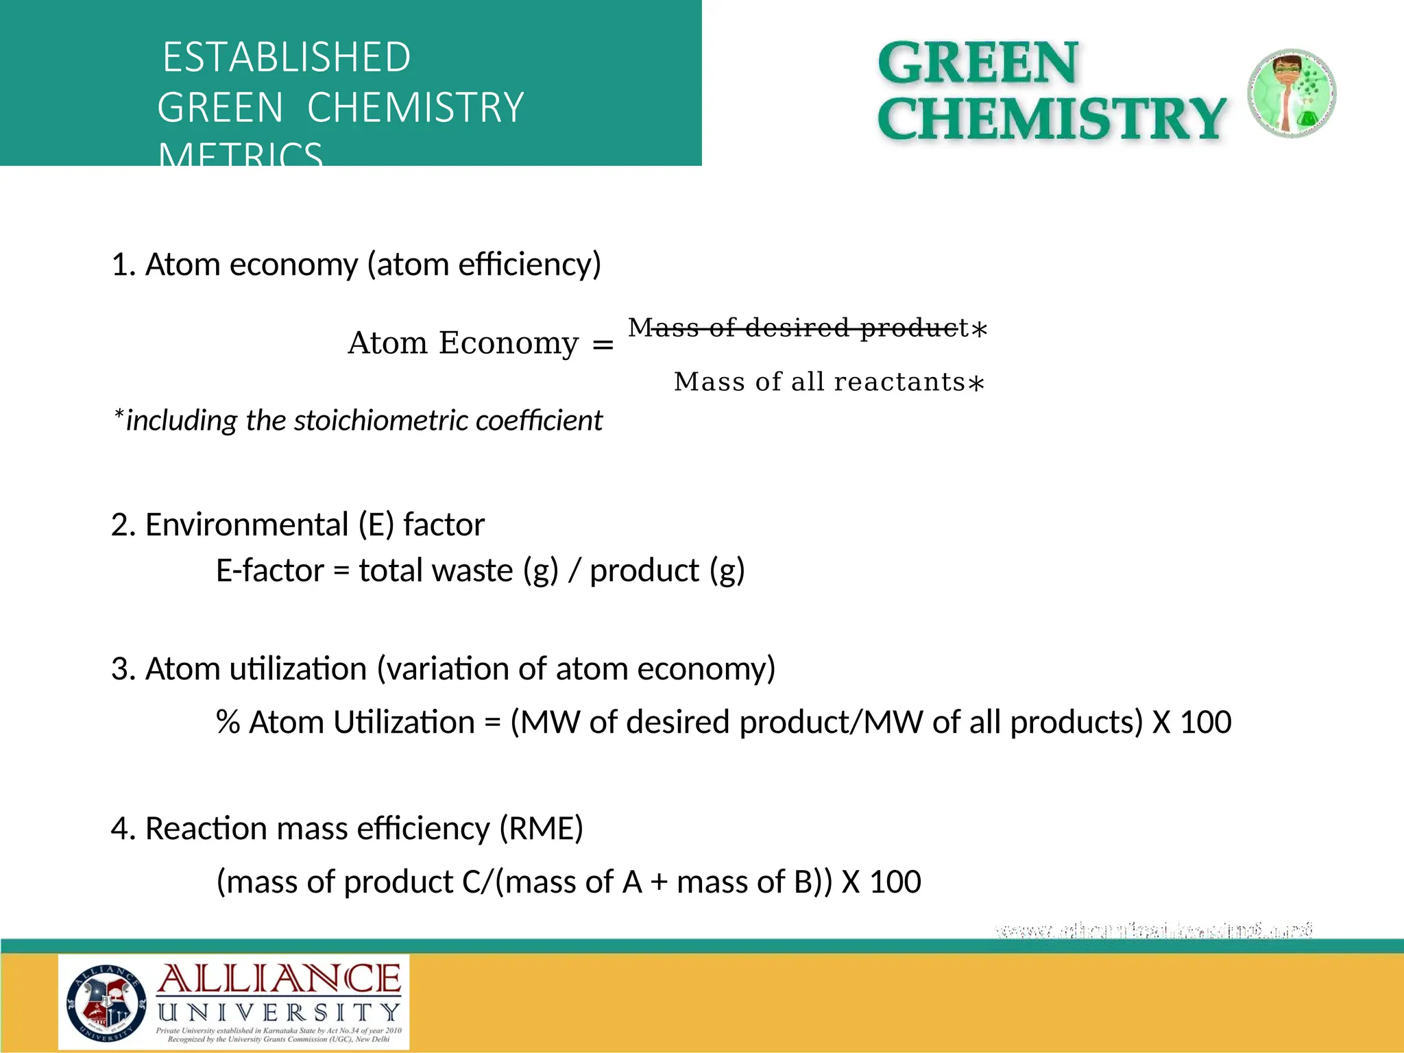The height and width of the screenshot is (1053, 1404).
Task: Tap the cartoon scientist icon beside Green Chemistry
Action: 1291,93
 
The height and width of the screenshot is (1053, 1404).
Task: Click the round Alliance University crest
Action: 106,1002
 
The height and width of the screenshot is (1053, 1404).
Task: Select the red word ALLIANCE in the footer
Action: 279,979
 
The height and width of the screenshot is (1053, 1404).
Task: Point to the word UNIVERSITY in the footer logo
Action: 279,1013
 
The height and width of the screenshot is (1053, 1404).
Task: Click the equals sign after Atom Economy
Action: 603,344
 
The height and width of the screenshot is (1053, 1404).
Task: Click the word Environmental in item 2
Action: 247,524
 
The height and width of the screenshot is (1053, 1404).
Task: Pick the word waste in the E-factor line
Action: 474,570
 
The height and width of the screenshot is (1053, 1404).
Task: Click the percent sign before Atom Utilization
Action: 228,723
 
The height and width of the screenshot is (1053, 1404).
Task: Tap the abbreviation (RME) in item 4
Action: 541,828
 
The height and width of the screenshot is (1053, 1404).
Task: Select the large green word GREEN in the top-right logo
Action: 978,63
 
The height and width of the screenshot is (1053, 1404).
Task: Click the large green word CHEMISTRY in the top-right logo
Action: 1051,118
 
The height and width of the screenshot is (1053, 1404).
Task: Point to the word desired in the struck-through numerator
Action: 797,328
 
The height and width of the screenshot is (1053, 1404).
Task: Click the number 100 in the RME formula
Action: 895,882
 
